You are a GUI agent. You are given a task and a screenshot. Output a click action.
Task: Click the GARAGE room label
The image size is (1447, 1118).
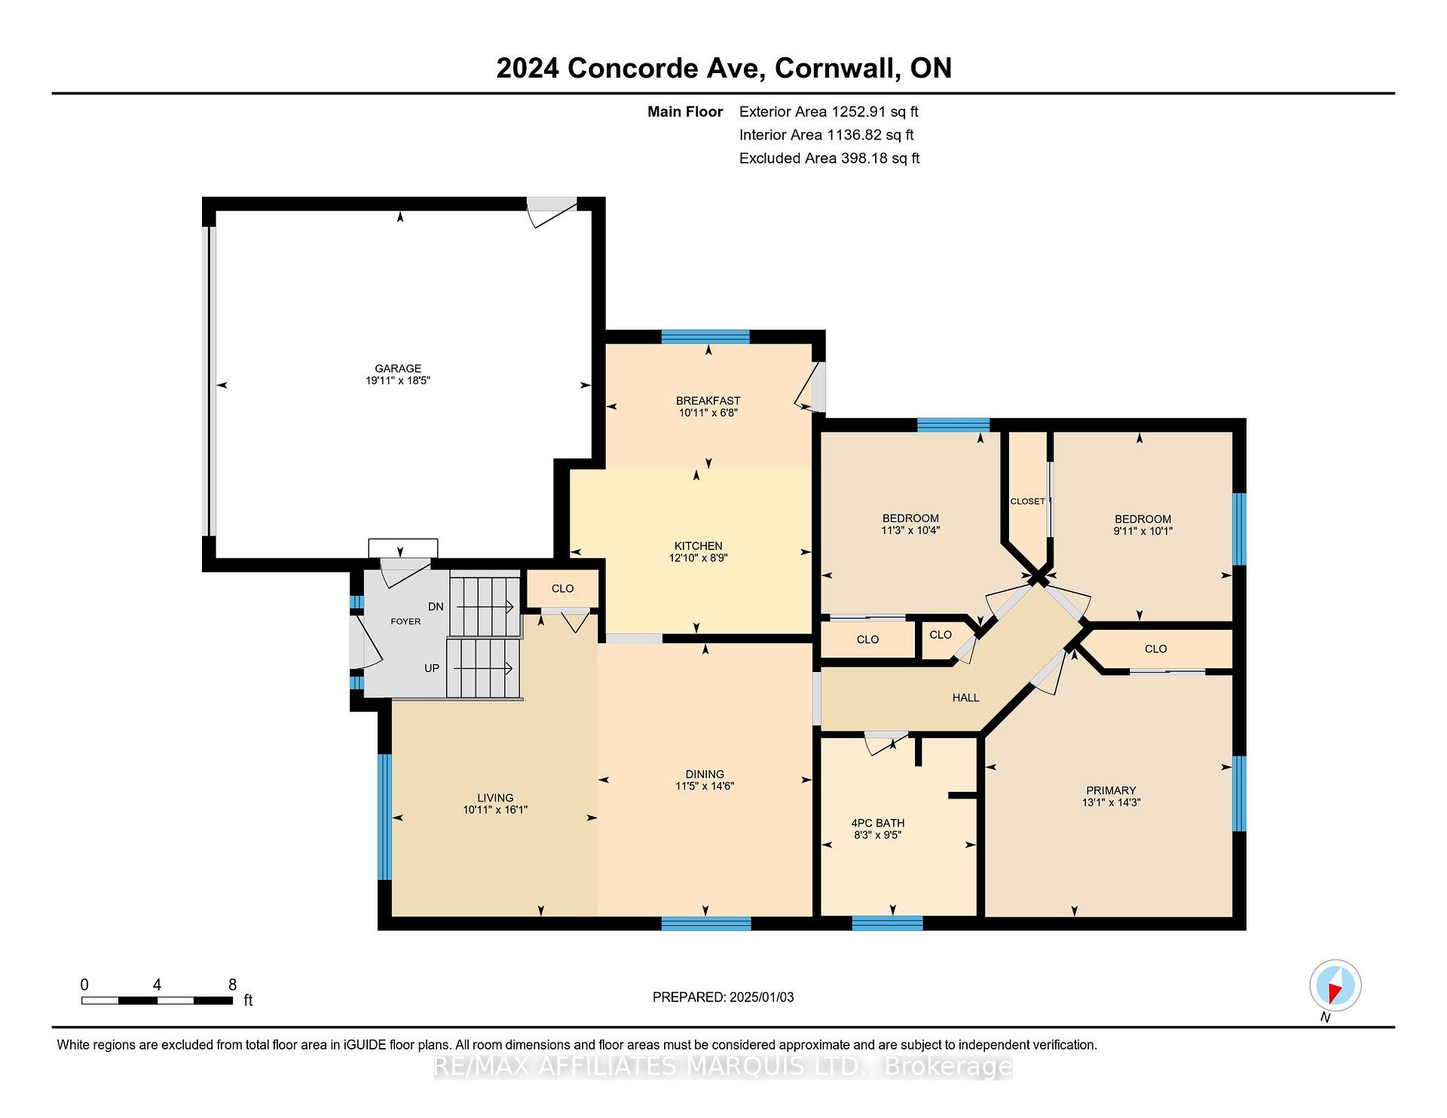tap(398, 368)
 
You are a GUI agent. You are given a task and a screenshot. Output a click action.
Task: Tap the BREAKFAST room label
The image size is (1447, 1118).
tap(708, 401)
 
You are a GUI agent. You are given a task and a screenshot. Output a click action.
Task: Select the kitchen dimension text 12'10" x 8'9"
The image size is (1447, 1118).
tap(698, 558)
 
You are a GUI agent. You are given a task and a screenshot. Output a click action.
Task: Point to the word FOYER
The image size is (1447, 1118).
tap(405, 622)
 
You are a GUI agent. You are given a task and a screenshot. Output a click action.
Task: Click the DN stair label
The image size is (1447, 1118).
tap(436, 606)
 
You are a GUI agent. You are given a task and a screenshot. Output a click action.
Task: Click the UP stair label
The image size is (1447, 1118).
tap(432, 668)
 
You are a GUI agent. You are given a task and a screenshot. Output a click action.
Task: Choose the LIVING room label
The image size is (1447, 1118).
tap(495, 798)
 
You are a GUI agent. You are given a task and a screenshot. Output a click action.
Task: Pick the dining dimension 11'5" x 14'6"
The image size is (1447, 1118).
tap(705, 786)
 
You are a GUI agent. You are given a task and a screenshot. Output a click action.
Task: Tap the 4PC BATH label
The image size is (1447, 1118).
tap(878, 823)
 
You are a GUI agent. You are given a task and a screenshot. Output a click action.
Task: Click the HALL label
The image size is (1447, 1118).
tap(965, 698)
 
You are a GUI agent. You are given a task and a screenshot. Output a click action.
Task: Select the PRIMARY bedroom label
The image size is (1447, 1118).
tap(1111, 790)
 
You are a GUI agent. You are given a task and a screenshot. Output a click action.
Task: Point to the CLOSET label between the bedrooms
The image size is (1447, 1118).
tap(1027, 501)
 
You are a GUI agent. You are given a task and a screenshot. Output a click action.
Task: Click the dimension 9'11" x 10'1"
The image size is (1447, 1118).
tap(1143, 531)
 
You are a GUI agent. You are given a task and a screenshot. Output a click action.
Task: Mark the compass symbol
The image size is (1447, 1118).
tap(1335, 985)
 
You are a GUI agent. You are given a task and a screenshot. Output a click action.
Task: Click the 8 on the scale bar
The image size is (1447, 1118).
tap(232, 985)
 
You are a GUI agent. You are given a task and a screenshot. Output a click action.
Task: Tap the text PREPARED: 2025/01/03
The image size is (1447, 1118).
tap(723, 997)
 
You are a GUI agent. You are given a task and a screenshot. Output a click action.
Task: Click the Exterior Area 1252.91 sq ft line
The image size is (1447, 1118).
tap(829, 112)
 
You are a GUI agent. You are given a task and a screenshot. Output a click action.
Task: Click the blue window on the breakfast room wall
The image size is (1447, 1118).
tap(705, 337)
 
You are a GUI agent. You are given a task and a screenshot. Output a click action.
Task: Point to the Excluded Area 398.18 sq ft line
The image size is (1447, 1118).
tap(829, 158)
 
